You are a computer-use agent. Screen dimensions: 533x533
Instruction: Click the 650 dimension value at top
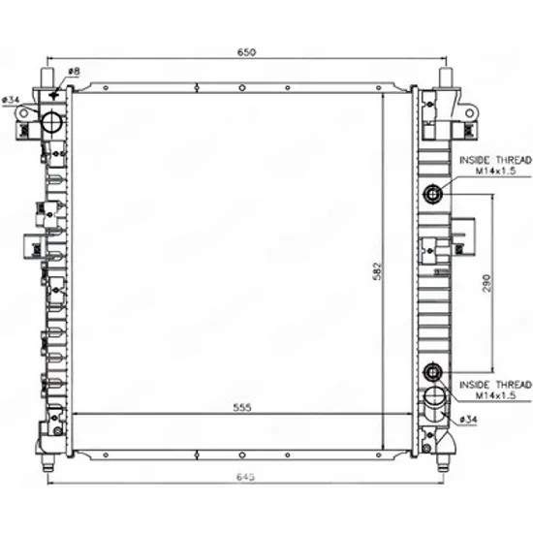[x=246, y=52]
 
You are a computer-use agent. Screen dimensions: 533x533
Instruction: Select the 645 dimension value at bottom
[x=245, y=477]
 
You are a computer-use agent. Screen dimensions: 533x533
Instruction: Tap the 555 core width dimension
[x=242, y=407]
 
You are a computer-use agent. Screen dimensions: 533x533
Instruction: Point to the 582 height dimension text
[x=377, y=271]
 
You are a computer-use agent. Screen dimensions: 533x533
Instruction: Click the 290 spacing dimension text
[x=486, y=282]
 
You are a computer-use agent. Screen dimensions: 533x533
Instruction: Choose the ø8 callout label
[x=74, y=72]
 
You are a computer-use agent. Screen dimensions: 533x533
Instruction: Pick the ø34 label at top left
[x=11, y=100]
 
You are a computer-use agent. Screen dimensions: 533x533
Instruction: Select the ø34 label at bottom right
[x=468, y=420]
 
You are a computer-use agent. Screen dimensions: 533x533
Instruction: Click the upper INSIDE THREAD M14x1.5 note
[x=495, y=165]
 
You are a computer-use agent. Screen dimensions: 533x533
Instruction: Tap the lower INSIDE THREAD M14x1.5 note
[x=495, y=390]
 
